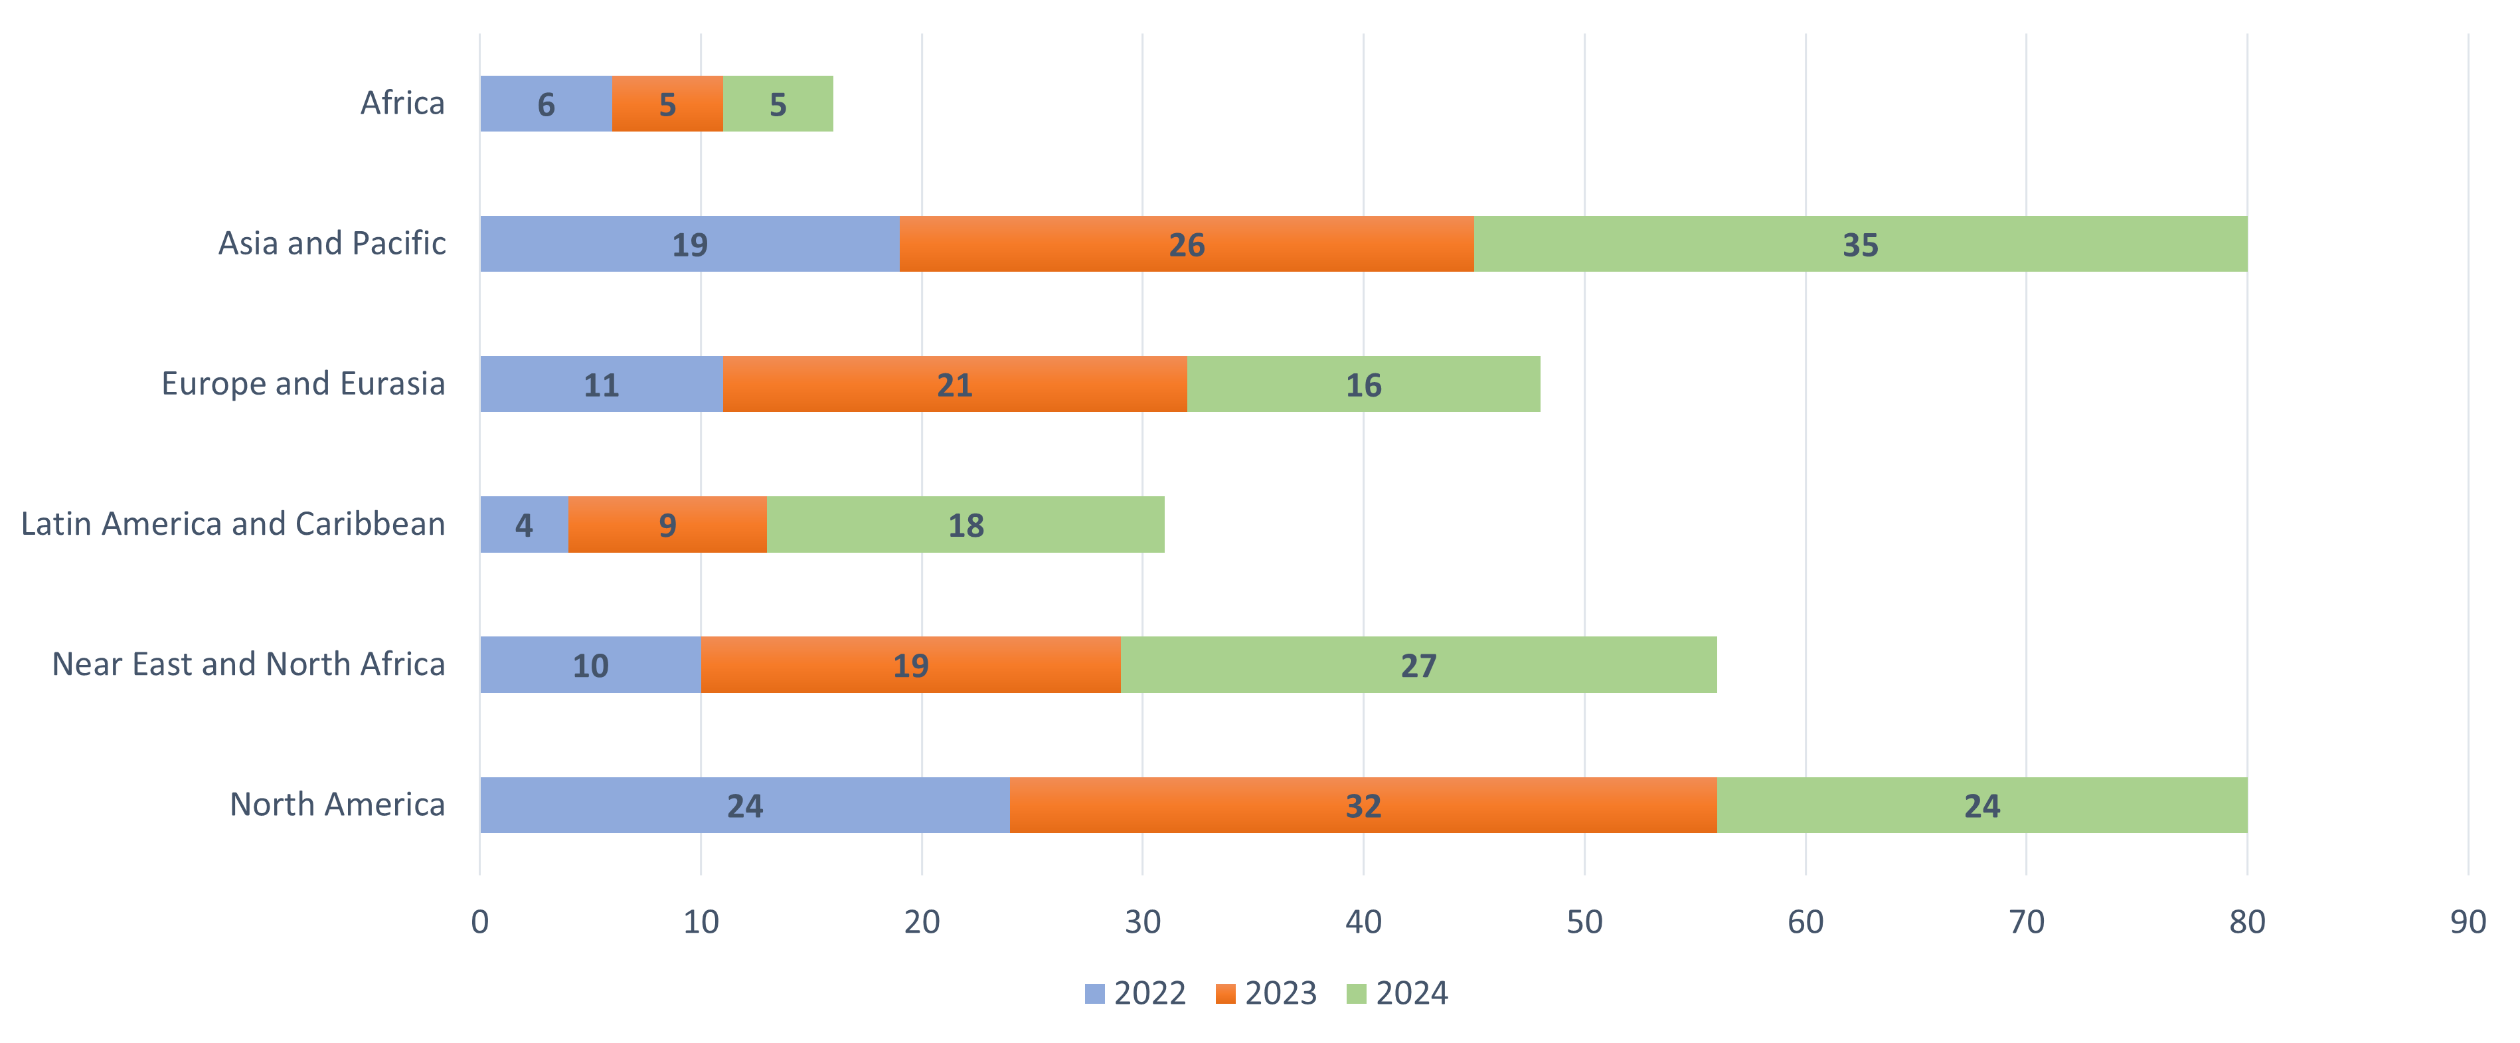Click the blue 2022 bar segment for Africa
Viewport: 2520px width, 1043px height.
pos(545,104)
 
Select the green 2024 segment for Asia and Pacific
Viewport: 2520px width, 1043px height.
pos(1860,244)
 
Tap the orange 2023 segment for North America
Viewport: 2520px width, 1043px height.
pos(1363,805)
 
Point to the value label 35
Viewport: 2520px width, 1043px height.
pos(1860,244)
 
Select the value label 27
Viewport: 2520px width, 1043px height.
pos(1418,666)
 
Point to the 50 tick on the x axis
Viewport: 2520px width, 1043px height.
pos(1584,921)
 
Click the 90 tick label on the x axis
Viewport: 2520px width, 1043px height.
pos(2467,921)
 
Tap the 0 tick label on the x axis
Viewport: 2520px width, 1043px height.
pos(479,921)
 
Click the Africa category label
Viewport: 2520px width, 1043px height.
pos(402,103)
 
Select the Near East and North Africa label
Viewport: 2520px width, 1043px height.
pos(248,664)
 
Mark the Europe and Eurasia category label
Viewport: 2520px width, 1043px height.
pos(303,383)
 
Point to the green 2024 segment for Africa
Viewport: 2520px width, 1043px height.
pos(778,104)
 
